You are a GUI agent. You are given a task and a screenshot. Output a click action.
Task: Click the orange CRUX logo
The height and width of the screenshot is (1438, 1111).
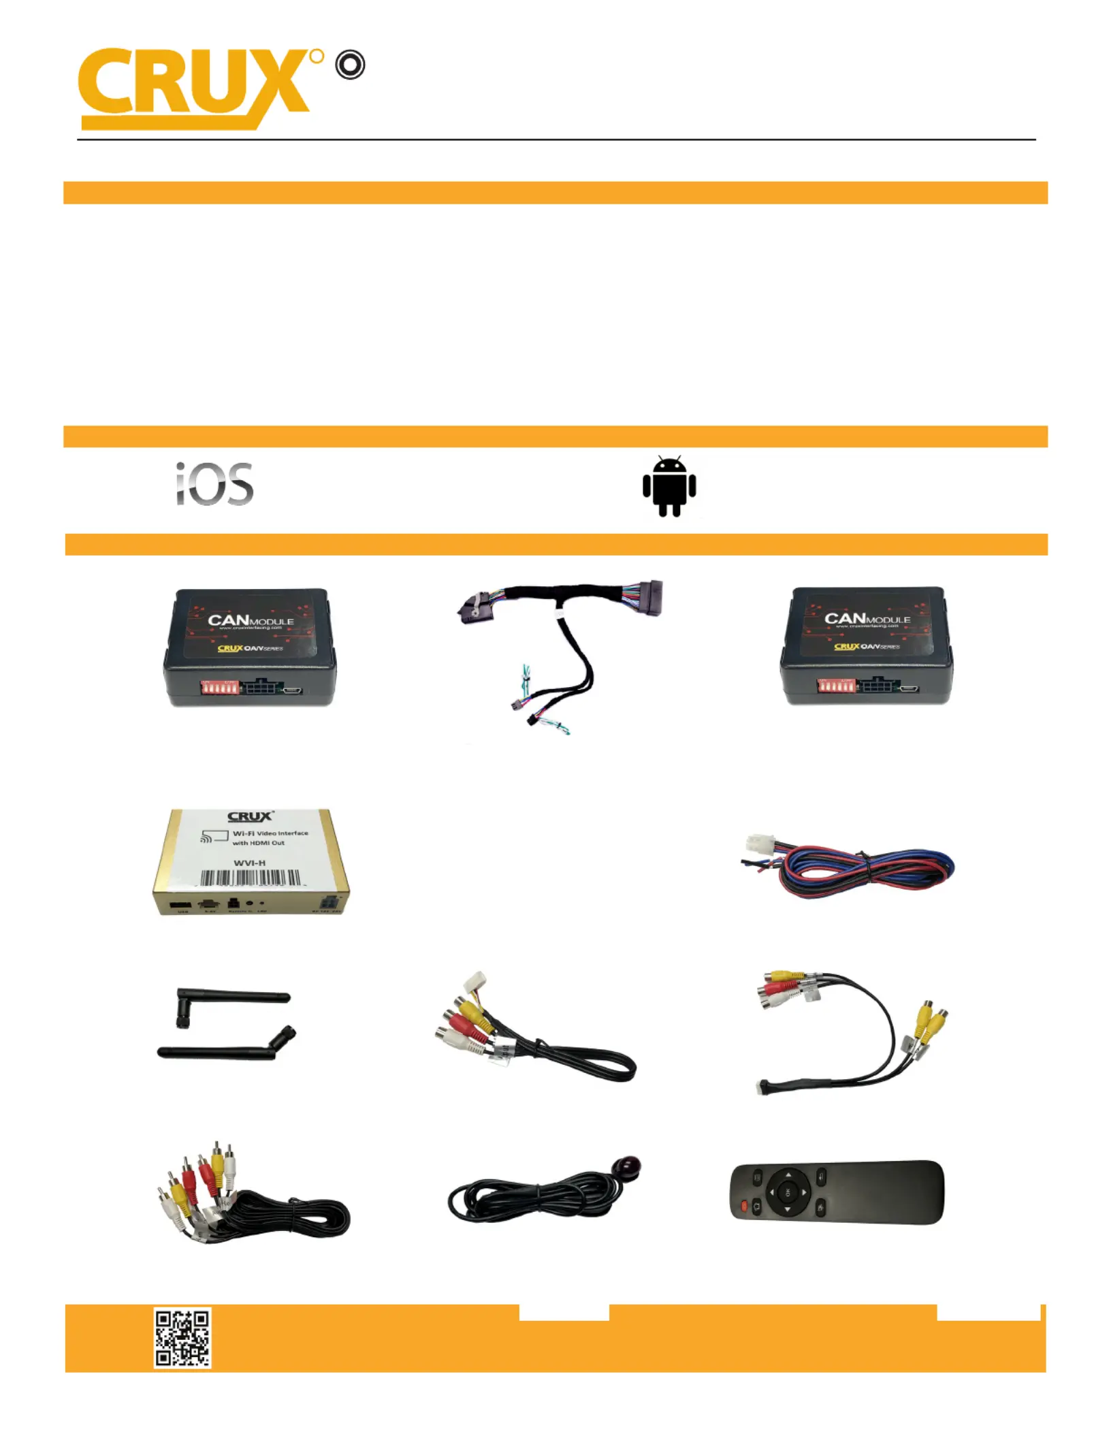(x=194, y=87)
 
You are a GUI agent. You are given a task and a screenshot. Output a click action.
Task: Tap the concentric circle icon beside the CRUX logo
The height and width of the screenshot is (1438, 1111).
(x=351, y=65)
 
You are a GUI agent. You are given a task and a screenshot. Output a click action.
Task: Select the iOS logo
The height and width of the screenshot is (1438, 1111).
(x=214, y=484)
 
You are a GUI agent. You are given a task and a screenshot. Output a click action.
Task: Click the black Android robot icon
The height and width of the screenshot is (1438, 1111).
(x=669, y=486)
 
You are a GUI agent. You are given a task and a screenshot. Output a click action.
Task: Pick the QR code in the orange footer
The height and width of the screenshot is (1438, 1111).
(x=182, y=1337)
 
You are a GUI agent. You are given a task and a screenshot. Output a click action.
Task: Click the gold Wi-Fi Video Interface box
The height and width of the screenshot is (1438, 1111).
(x=251, y=862)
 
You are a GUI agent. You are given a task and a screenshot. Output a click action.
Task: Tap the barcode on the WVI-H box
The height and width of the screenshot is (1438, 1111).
(x=250, y=878)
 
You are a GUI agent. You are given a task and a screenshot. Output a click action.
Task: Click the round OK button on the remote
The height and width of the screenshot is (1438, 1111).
(x=788, y=1192)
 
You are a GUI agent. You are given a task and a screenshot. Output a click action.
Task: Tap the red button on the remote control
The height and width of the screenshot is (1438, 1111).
(x=743, y=1207)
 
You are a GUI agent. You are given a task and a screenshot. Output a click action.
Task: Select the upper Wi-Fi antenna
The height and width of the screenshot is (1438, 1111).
(x=231, y=1001)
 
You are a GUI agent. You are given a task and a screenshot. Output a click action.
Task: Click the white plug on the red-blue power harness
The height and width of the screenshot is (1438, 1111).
(x=759, y=844)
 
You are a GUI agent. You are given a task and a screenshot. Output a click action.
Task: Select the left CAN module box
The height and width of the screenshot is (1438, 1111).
(x=250, y=647)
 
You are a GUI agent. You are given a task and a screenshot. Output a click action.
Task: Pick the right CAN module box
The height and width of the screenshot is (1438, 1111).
(x=867, y=645)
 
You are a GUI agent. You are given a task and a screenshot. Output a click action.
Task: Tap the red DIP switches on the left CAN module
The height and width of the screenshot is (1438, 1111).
(x=219, y=688)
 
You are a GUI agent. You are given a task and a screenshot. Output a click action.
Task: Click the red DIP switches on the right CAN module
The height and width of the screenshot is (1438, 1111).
(x=836, y=685)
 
